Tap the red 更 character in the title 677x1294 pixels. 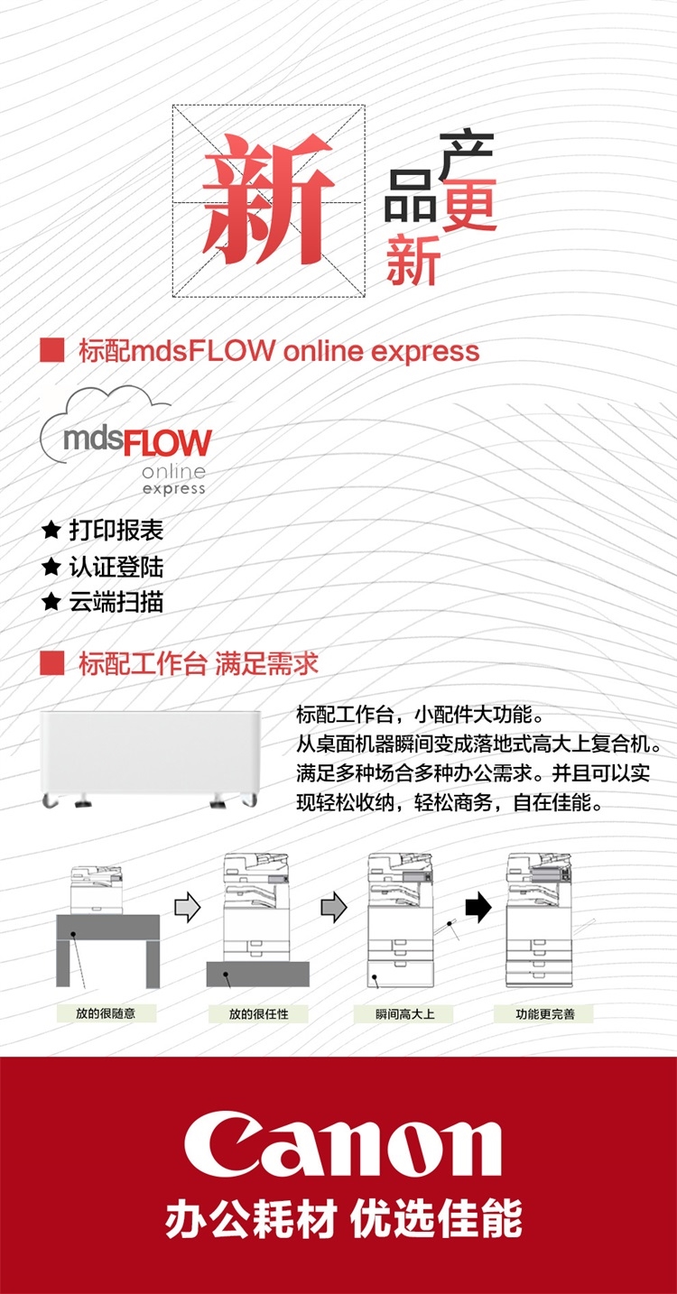pyautogui.click(x=469, y=206)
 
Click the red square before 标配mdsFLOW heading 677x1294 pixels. pyautogui.click(x=52, y=350)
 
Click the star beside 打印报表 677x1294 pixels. pyautogui.click(x=51, y=531)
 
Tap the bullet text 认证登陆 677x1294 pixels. pyautogui.click(x=116, y=567)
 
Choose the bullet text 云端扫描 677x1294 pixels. pyautogui.click(x=116, y=602)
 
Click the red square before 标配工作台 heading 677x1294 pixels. pyautogui.click(x=52, y=665)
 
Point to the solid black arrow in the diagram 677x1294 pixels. pyautogui.click(x=478, y=908)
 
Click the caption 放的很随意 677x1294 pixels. pyautogui.click(x=106, y=1013)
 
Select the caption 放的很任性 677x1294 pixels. pyautogui.click(x=258, y=1013)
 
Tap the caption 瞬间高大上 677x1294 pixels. pyautogui.click(x=405, y=1013)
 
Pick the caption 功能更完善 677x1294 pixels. pyautogui.click(x=544, y=1013)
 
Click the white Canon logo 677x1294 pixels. pyautogui.click(x=343, y=1147)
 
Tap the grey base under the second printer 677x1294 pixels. pyautogui.click(x=257, y=974)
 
